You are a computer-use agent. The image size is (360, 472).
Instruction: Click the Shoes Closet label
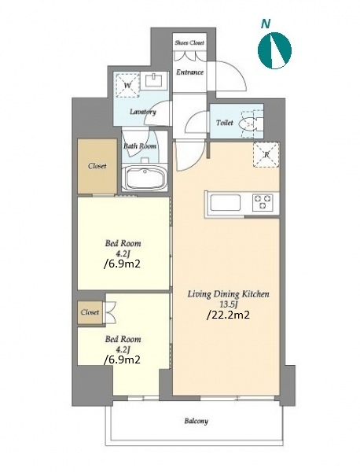pos(189,42)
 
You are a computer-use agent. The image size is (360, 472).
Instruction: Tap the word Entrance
pos(189,72)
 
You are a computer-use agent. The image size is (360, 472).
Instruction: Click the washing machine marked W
pos(127,85)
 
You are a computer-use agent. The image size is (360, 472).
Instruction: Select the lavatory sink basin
pos(154,80)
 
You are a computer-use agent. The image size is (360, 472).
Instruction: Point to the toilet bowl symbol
pos(250,122)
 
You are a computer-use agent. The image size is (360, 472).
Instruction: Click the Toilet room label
pos(224,123)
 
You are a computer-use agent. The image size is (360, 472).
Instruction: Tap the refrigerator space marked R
pos(266,155)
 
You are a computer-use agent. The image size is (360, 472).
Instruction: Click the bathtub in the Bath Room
pos(145,179)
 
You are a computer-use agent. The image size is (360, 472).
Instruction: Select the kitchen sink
pos(226,203)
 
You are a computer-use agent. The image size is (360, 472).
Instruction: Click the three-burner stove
pos(263,202)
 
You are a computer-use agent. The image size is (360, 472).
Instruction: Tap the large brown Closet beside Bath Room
pos(97,166)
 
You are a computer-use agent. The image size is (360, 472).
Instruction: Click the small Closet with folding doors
pos(90,312)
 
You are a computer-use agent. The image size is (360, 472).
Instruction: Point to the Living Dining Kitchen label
pos(228,294)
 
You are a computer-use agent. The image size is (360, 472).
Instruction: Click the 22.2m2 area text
pos(228,315)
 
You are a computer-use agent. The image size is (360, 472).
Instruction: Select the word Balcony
pos(196,421)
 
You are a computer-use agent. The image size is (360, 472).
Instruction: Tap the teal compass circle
pos(274,50)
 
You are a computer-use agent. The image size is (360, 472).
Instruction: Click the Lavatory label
pos(142,112)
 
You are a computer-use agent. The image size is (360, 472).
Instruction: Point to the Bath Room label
pos(140,146)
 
